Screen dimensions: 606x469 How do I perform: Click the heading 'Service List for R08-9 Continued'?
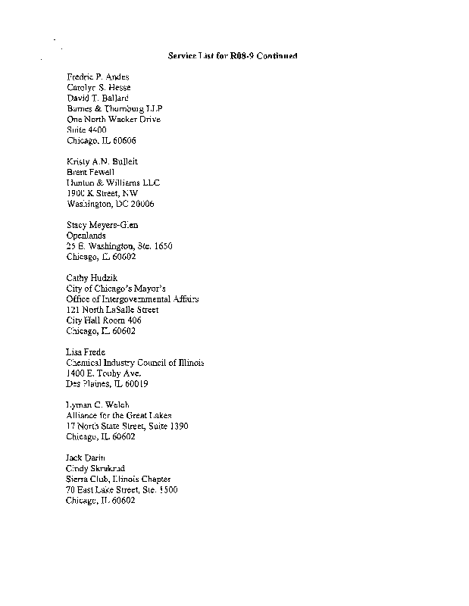click(232, 56)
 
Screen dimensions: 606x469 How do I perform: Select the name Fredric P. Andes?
click(98, 77)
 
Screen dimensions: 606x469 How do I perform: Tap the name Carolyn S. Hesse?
click(98, 88)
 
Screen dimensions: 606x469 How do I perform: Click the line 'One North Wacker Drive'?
click(114, 120)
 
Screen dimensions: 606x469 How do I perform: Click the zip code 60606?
click(124, 141)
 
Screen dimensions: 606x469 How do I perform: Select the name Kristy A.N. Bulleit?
click(102, 162)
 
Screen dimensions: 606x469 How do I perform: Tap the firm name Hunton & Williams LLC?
click(114, 183)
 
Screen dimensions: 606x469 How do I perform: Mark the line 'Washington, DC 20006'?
click(111, 204)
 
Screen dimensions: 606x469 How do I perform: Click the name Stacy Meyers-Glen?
click(102, 225)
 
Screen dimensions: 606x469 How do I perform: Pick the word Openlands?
click(86, 236)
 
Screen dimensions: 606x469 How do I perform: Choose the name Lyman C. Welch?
click(98, 405)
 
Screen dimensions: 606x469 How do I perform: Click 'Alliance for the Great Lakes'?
click(119, 416)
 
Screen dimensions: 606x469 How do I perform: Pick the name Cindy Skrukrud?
click(95, 468)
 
